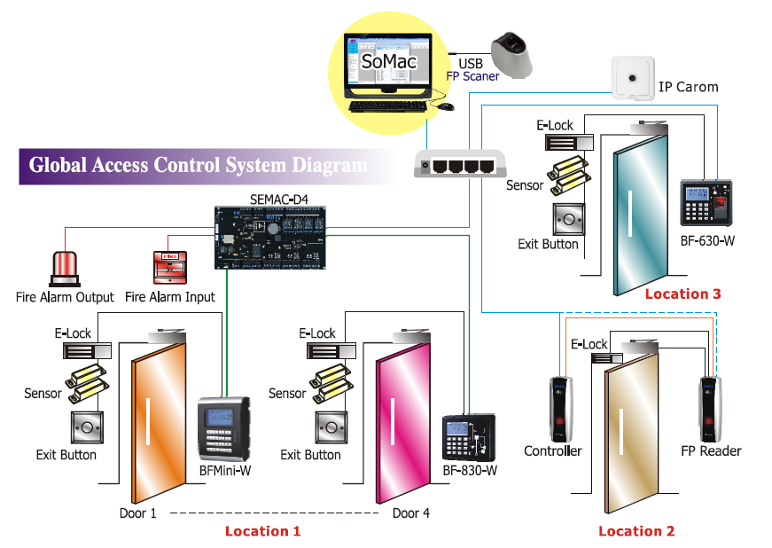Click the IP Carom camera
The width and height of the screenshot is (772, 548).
click(632, 79)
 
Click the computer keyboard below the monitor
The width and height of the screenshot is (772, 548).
click(387, 106)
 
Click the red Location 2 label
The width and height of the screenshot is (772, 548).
click(636, 530)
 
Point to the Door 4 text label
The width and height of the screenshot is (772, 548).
click(411, 513)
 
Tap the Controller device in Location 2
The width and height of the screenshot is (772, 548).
click(558, 410)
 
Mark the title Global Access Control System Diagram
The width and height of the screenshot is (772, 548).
click(198, 165)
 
